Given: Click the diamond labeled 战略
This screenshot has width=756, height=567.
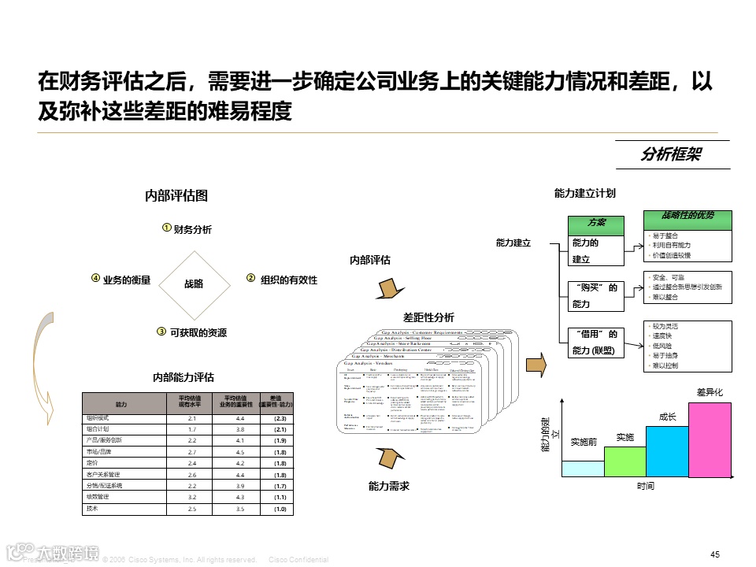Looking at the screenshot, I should tap(193, 283).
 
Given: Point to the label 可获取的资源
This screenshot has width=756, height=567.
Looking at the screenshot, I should tap(198, 333).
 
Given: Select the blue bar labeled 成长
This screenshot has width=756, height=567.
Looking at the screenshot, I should tap(667, 451).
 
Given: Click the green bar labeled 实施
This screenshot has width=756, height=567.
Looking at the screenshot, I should tap(624, 461).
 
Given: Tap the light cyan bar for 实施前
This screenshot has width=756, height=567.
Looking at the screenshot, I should tap(582, 468).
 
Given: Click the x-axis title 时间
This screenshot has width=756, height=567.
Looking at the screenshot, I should tap(645, 487).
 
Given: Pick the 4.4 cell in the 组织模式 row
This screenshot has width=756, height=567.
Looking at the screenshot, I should tap(240, 418).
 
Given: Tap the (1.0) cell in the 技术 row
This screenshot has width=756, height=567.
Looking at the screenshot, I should tap(280, 510).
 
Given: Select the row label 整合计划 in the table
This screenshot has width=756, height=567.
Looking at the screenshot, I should tap(98, 429).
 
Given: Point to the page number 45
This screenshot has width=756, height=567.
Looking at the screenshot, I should tap(715, 554).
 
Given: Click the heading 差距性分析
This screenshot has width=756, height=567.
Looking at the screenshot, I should tap(428, 317).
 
